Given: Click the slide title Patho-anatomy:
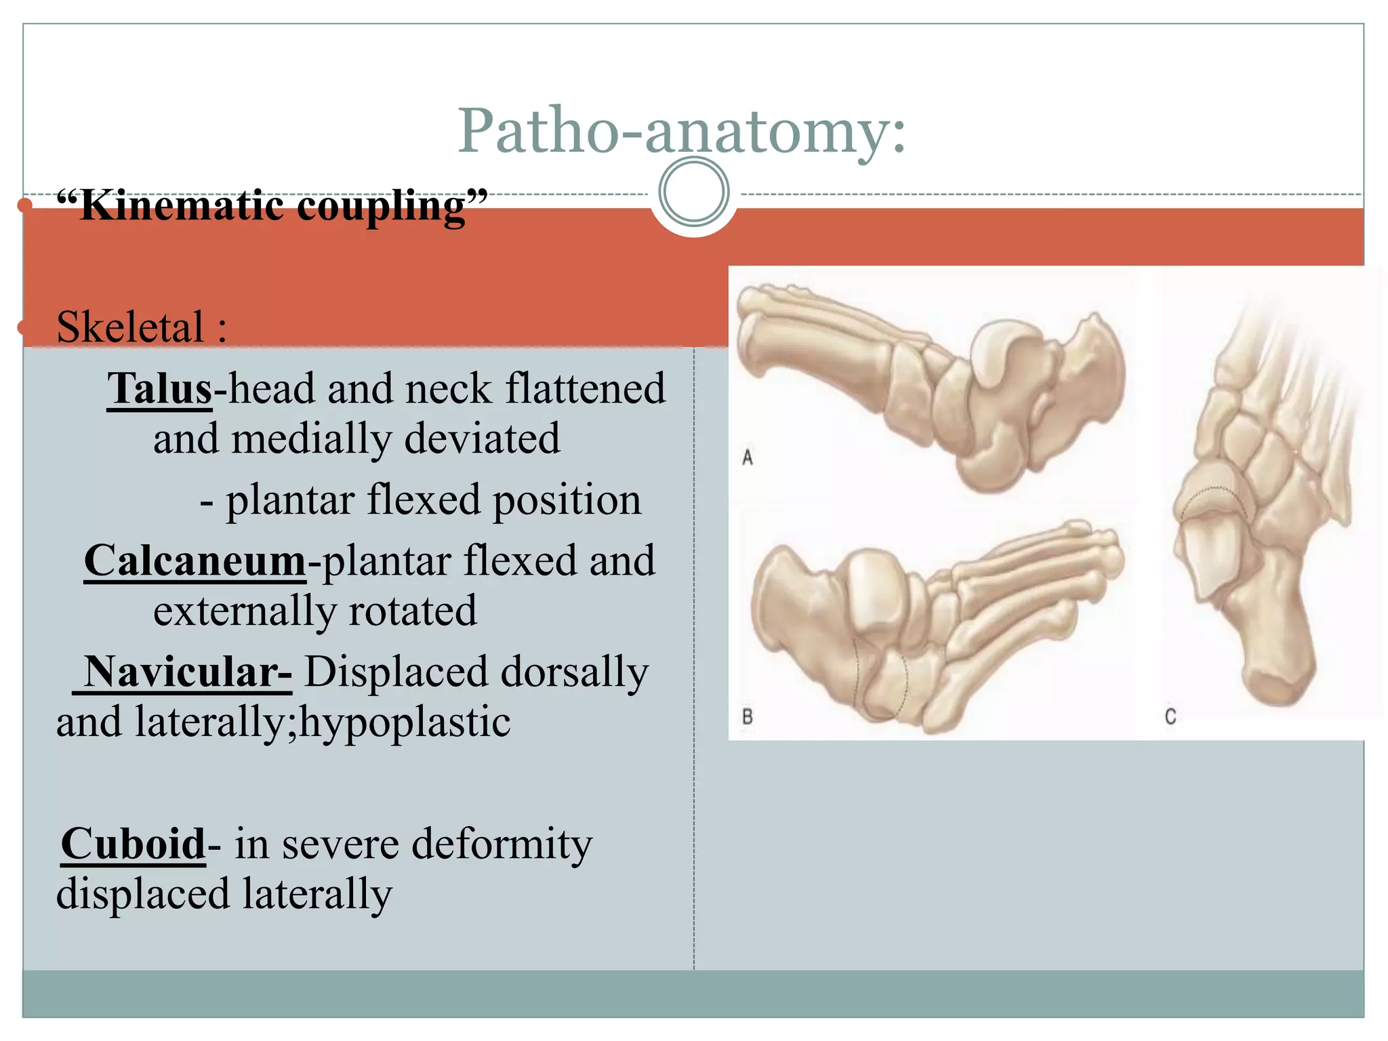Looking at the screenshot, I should click(x=681, y=131).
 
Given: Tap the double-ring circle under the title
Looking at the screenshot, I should click(x=693, y=192).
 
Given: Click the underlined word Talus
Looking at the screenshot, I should click(x=160, y=389).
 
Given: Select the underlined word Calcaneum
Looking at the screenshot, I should click(x=195, y=561).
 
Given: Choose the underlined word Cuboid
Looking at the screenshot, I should click(x=133, y=844).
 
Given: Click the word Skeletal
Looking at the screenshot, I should click(x=130, y=327).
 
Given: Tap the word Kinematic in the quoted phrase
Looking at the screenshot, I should click(x=182, y=206).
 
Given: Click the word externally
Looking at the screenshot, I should click(x=244, y=611).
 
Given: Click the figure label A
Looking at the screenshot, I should click(x=748, y=458).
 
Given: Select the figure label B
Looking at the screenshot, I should click(x=748, y=716).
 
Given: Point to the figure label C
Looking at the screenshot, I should click(x=1170, y=716).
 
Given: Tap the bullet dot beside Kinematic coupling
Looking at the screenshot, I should click(x=25, y=205).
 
